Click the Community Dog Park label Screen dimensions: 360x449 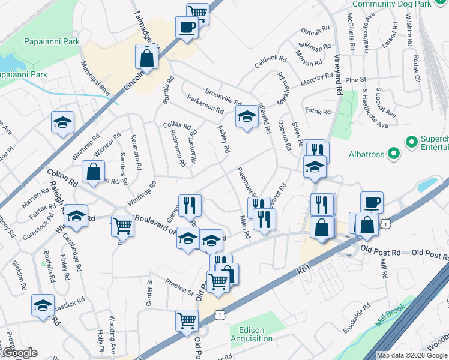tap(400, 4)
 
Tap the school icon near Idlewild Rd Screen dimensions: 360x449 tap(246, 118)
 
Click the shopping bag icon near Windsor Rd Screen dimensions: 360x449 tap(94, 172)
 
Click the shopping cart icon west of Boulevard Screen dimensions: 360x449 tap(122, 226)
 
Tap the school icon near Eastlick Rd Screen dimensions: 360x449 tap(43, 305)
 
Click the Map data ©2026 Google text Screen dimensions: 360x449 tap(412, 355)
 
